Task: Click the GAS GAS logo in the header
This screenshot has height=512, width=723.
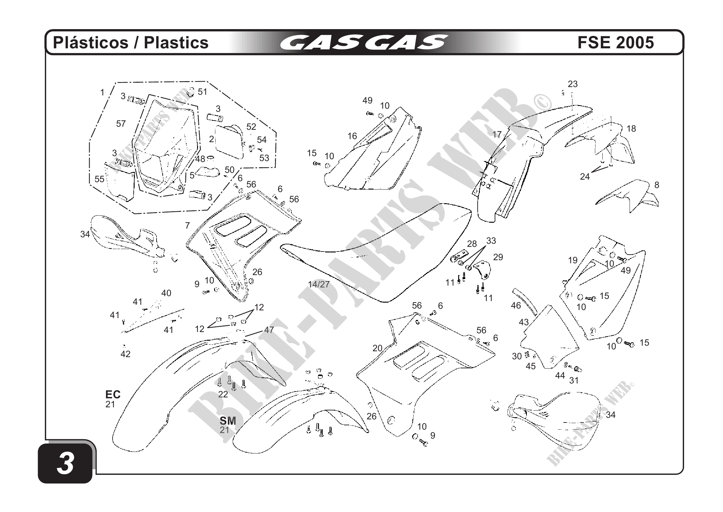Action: coord(364,42)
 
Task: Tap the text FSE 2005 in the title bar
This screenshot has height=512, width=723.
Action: coord(615,42)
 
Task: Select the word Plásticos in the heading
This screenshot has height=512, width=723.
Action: coord(91,42)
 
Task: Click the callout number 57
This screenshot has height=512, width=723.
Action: coord(121,124)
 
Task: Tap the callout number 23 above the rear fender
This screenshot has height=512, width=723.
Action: coord(572,84)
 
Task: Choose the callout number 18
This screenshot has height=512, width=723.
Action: coord(631,129)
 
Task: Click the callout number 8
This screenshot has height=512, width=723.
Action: coord(656,185)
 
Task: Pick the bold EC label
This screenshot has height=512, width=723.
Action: coord(113,394)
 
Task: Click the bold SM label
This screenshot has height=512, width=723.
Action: coord(228,421)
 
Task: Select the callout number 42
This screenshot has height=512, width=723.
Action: coord(125,354)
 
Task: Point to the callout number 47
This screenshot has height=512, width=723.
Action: coord(269,330)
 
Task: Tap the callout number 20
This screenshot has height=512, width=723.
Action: coord(377,348)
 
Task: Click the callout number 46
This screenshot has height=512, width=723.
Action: coord(516,305)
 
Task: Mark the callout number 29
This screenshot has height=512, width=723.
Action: coord(498,257)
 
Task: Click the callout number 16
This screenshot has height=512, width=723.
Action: coord(352,136)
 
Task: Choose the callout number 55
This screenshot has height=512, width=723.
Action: coord(100,179)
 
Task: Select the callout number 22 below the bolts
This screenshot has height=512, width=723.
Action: coord(223,394)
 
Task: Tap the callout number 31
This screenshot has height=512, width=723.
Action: coord(574,381)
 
